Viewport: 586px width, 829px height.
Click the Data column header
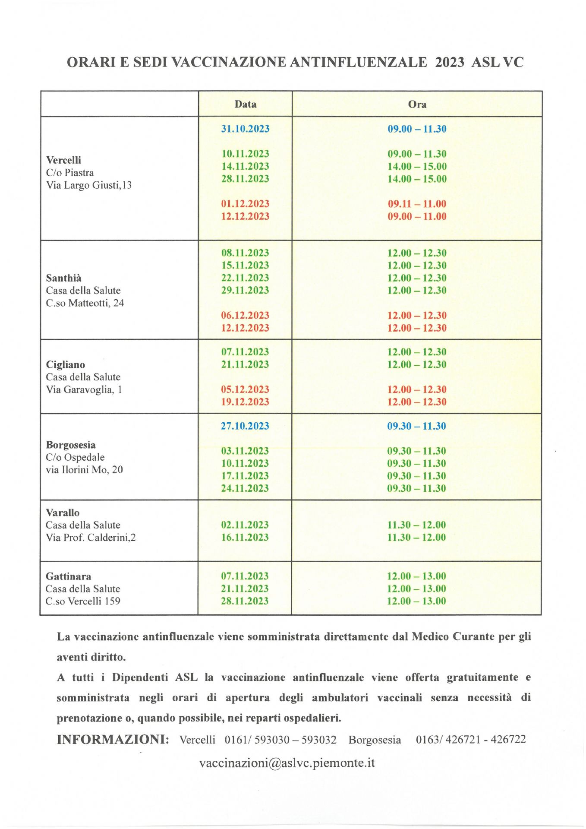click(245, 104)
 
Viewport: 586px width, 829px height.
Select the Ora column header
click(417, 104)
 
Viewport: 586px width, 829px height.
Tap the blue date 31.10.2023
click(245, 129)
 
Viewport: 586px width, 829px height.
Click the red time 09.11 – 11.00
click(417, 204)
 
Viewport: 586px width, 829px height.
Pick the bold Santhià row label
click(63, 278)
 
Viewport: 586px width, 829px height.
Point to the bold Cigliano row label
click(65, 365)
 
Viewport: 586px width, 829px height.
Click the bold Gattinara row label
click(68, 576)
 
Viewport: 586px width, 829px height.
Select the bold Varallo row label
click(63, 513)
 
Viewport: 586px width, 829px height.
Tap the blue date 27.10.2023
click(245, 426)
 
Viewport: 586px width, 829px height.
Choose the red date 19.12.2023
click(245, 402)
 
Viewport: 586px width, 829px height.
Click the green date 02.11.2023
click(245, 525)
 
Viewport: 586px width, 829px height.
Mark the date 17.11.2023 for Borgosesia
click(245, 476)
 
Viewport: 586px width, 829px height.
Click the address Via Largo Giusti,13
click(88, 185)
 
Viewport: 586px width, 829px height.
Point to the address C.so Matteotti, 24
click(85, 303)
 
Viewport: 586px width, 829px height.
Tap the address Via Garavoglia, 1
click(84, 390)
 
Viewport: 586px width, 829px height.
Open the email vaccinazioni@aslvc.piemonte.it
click(287, 763)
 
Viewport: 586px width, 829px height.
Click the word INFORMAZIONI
click(113, 740)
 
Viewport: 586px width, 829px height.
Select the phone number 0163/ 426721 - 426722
click(471, 740)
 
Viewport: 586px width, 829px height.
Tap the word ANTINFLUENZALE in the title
click(358, 62)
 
